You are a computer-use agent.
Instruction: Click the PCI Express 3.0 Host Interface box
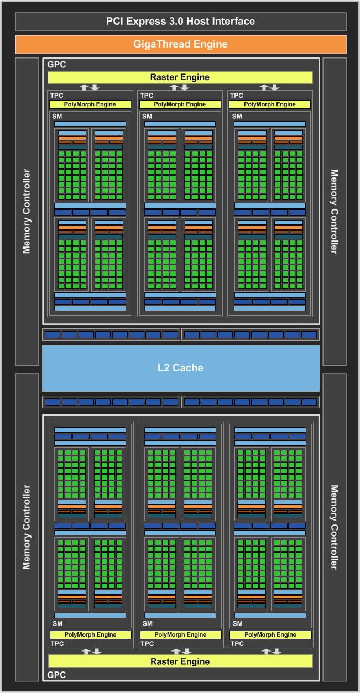[x=180, y=22]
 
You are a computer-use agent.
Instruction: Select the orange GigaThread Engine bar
[x=180, y=44]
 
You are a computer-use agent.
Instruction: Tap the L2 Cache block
[x=180, y=368]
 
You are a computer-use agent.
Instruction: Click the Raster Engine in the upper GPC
[x=180, y=77]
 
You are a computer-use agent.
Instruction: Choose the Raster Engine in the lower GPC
[x=180, y=662]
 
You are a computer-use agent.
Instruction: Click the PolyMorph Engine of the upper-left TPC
[x=90, y=104]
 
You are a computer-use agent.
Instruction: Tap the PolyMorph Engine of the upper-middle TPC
[x=180, y=104]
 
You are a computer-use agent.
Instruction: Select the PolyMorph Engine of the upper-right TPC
[x=270, y=104]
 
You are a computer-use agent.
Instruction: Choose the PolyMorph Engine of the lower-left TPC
[x=90, y=634]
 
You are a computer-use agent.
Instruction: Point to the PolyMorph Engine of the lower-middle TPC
[x=180, y=634]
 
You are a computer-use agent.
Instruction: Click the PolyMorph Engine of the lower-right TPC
[x=270, y=634]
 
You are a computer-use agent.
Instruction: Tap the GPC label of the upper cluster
[x=56, y=65]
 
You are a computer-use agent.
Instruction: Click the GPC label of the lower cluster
[x=56, y=675]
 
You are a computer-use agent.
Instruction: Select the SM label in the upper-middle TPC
[x=147, y=116]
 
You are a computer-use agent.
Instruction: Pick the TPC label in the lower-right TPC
[x=237, y=644]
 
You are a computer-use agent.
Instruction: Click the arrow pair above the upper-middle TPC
[x=180, y=87]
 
